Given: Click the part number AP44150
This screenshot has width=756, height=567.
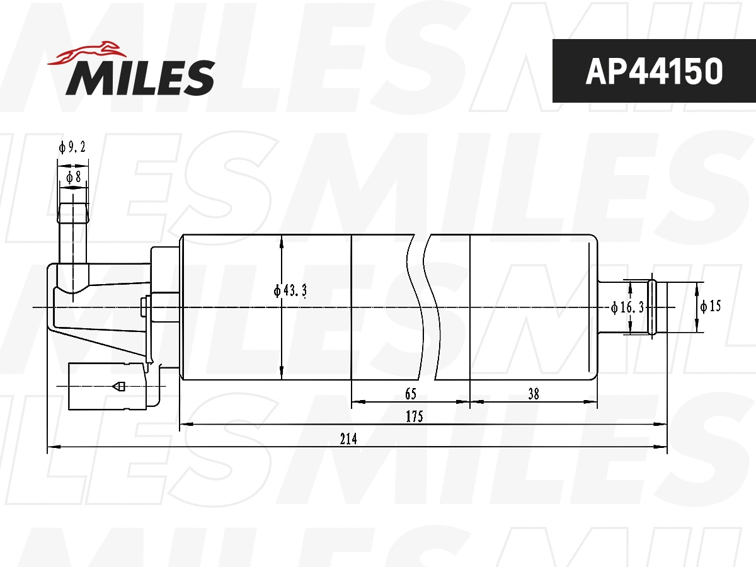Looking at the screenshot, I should click(653, 71).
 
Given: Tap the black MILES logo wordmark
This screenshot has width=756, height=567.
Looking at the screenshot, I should click(140, 77).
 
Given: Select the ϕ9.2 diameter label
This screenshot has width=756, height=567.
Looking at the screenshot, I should click(72, 147).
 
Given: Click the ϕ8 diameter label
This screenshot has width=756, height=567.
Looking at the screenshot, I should click(73, 177).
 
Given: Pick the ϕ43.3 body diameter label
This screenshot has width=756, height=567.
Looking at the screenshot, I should click(290, 290).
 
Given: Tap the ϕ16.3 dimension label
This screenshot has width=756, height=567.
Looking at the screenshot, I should click(627, 307).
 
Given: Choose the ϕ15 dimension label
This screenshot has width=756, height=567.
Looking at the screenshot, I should click(710, 307).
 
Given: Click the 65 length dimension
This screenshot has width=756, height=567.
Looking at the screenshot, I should click(410, 394).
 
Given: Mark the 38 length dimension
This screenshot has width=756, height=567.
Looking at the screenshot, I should click(534, 394).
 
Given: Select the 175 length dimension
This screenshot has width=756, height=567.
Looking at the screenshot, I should click(414, 416).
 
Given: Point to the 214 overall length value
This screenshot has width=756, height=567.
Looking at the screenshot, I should click(348, 439).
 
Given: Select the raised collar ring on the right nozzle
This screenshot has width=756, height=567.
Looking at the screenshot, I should click(652, 307).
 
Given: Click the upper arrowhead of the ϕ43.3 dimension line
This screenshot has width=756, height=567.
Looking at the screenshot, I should click(282, 240).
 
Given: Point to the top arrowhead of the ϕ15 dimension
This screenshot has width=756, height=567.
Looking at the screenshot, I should click(697, 287).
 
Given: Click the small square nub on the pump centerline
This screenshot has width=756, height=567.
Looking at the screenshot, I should click(144, 307).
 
